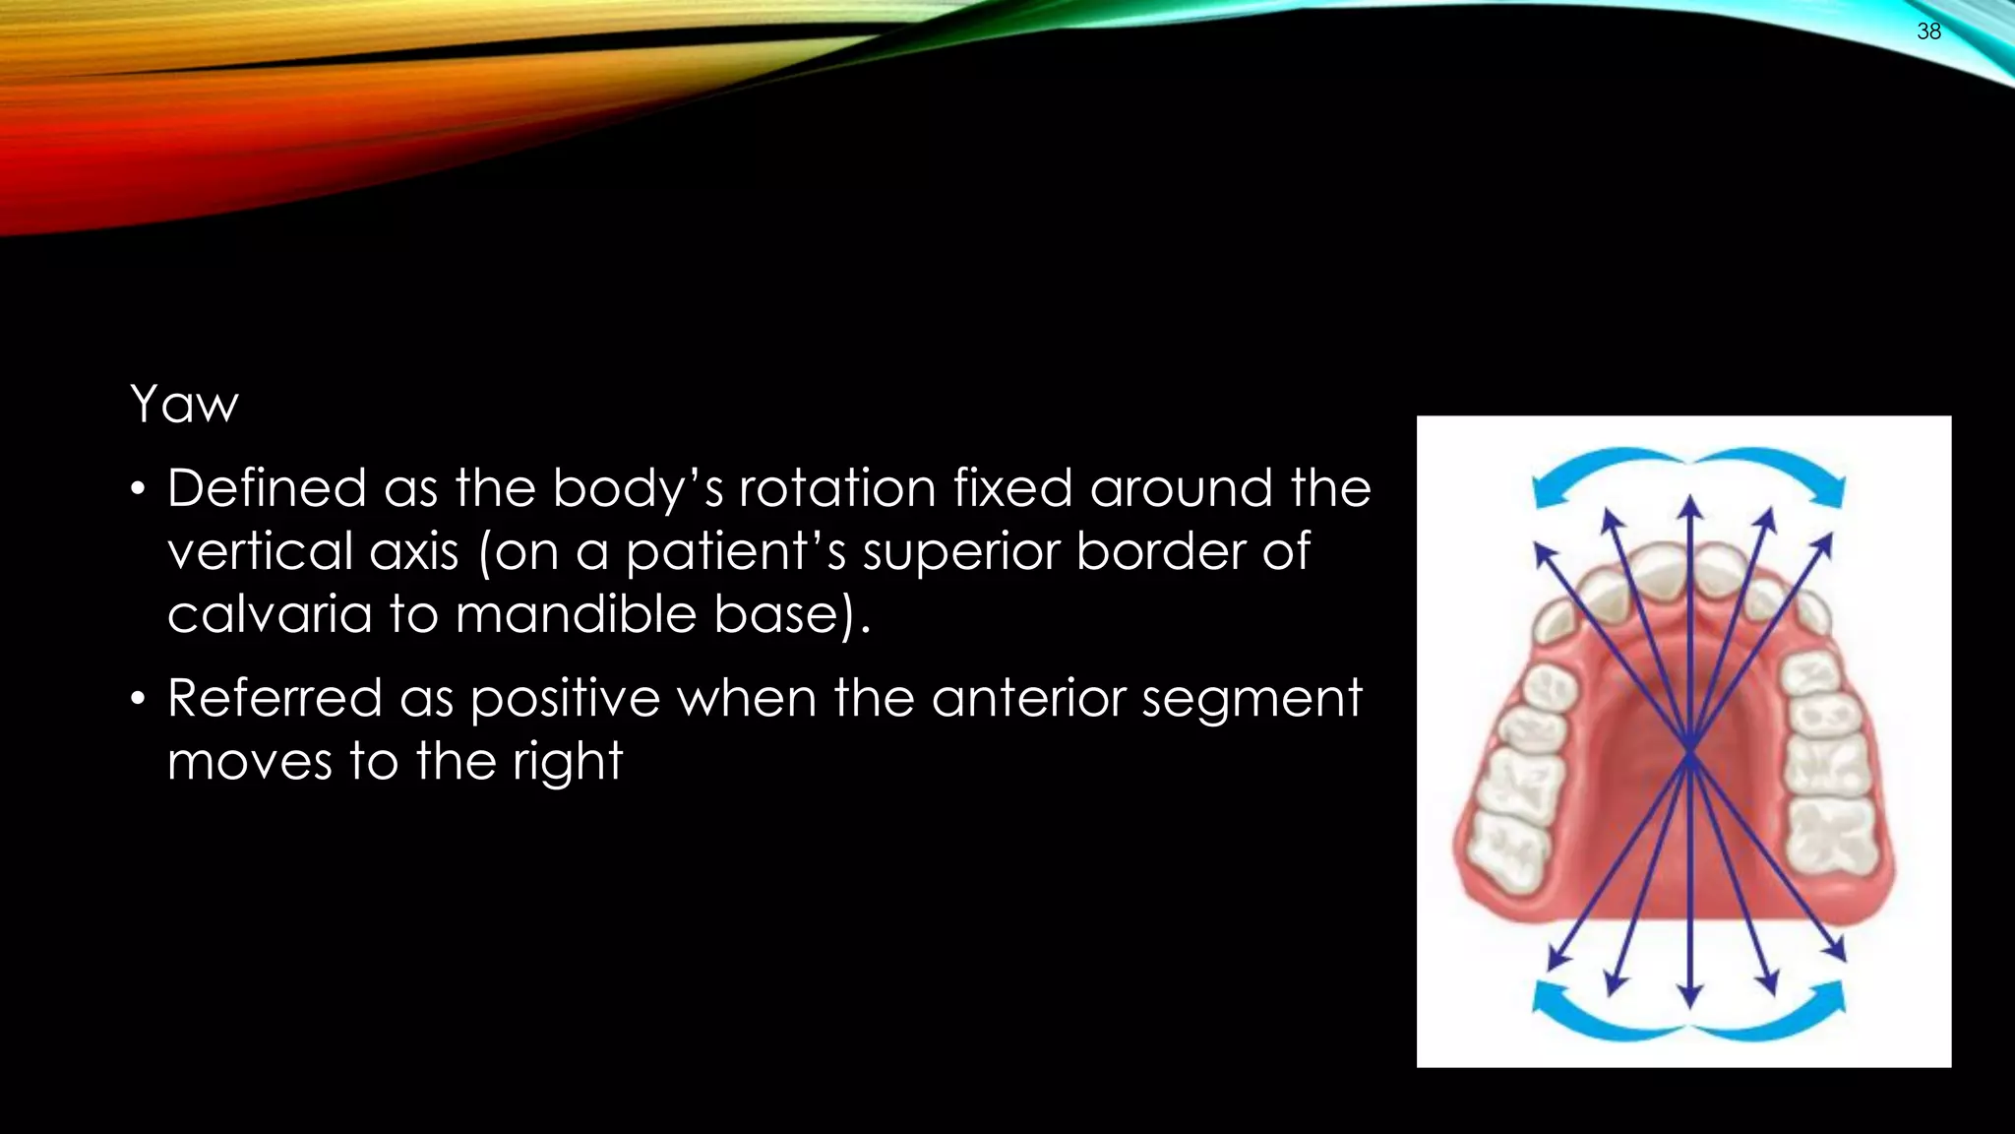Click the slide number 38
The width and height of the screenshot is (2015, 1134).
(1928, 31)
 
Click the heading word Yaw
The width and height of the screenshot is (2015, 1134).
(184, 405)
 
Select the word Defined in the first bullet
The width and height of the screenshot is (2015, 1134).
(266, 488)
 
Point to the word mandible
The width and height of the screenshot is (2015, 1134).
(576, 614)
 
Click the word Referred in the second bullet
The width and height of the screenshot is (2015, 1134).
(275, 699)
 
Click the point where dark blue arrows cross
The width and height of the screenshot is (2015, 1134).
(1690, 753)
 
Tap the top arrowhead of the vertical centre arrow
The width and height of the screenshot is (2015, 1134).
(1690, 506)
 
